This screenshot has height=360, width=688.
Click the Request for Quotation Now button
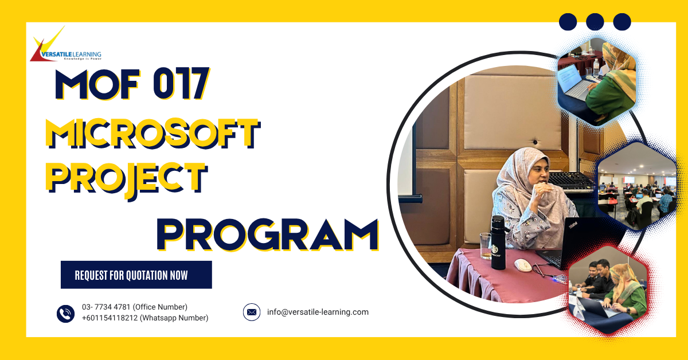(136, 275)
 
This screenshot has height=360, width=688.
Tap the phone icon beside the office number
(66, 313)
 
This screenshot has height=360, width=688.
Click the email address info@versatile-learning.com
(318, 312)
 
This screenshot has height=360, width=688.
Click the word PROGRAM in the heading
(267, 234)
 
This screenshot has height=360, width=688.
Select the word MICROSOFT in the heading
(152, 134)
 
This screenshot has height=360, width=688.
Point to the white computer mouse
(522, 265)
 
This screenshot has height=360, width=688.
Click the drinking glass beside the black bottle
(485, 245)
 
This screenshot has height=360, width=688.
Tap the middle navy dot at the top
(595, 22)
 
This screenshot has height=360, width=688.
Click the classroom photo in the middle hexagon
(636, 186)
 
